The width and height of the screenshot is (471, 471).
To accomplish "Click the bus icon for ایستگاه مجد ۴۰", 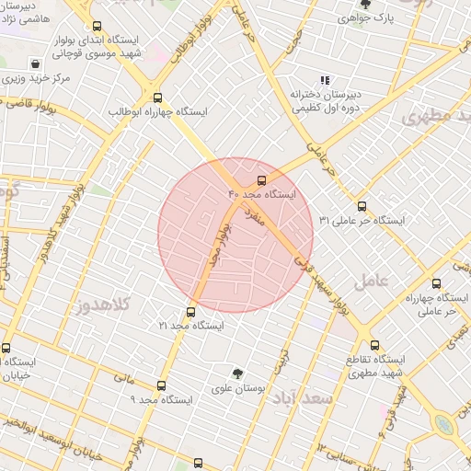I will point(261,180).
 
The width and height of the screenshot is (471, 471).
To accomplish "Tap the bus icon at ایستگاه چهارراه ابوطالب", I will point(157,97).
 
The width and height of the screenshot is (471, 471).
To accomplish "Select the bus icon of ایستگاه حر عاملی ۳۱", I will point(362,206).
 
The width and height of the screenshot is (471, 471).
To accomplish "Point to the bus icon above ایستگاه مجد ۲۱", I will point(190,312).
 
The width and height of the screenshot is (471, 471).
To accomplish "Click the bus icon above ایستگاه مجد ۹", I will point(162,385).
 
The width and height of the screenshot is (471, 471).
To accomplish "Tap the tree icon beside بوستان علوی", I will point(238,374).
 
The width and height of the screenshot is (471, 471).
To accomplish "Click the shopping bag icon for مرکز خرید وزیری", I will point(35,64).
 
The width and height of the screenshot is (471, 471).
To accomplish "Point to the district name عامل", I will point(376,278).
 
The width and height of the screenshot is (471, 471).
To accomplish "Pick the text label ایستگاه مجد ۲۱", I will point(190,327).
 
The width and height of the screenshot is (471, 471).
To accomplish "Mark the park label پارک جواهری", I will point(392,17).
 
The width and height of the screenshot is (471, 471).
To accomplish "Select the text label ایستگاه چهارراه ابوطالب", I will point(157,111).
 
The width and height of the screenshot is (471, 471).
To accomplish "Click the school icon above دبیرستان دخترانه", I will point(324,80).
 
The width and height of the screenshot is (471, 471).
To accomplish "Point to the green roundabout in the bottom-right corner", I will point(446,424).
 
